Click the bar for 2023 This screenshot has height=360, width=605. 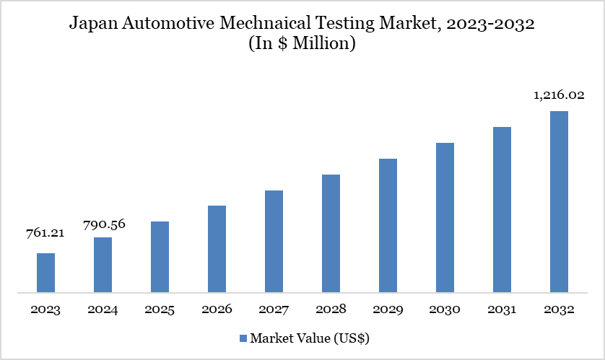(45, 273)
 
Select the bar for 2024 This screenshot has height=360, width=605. (103, 265)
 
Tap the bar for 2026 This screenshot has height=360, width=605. (217, 250)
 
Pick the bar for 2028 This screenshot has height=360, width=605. (331, 234)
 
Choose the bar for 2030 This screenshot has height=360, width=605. (445, 218)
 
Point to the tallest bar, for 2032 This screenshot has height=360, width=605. (559, 202)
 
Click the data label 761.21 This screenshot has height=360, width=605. (45, 233)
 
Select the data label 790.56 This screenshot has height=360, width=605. (103, 224)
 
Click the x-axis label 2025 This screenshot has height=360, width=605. (160, 309)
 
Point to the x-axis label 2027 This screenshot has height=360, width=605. (274, 309)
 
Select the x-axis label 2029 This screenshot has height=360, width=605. (388, 309)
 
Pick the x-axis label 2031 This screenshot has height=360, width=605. (502, 309)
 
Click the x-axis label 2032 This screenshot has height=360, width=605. (559, 309)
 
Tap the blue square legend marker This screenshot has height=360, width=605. (243, 338)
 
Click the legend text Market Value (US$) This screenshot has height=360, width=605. (310, 338)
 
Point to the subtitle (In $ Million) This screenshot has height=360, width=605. (302, 43)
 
